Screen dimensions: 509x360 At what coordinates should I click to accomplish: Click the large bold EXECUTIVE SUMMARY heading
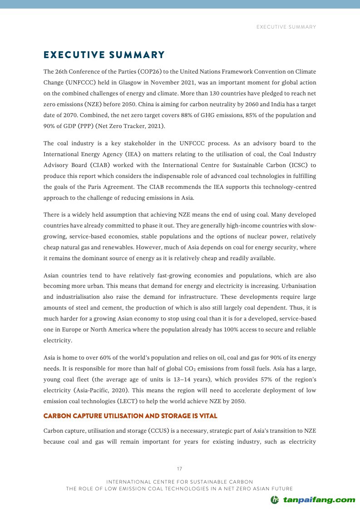coord(104,55)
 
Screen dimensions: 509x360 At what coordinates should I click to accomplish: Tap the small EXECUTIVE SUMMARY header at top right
coord(286,27)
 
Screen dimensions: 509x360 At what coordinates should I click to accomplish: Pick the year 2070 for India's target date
coord(65,115)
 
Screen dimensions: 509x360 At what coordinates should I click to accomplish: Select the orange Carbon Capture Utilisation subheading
coord(130,416)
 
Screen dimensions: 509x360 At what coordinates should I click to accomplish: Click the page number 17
coord(180,469)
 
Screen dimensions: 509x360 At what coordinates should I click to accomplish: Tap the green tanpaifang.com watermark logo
coord(313,500)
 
